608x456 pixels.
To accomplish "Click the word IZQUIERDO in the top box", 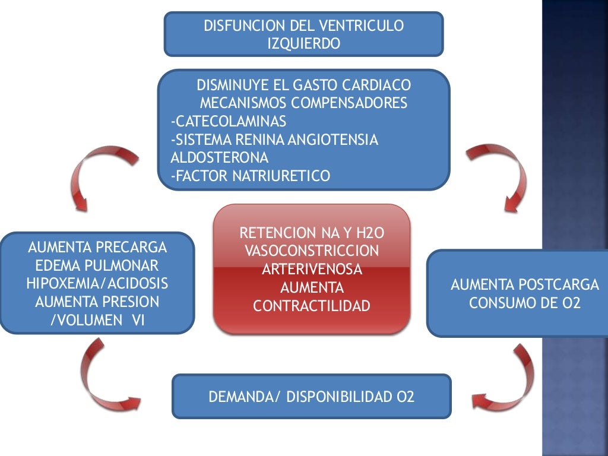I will pyautogui.click(x=303, y=43).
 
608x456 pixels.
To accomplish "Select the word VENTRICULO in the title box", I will pyautogui.click(x=361, y=26).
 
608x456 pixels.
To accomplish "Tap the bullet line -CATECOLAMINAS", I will pyautogui.click(x=228, y=122).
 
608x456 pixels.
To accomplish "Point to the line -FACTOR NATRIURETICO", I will pyautogui.click(x=249, y=176).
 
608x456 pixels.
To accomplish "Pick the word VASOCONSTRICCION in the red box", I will pyautogui.click(x=311, y=250).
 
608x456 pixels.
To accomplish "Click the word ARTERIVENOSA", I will pyautogui.click(x=311, y=269).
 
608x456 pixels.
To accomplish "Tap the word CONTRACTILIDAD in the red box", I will pyautogui.click(x=311, y=306).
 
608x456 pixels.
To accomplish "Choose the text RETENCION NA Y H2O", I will pyautogui.click(x=311, y=232).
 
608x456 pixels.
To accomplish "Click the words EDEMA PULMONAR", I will pyautogui.click(x=97, y=265).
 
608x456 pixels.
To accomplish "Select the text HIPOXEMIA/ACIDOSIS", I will pyautogui.click(x=97, y=283).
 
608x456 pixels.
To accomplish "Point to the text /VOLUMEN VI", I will pyautogui.click(x=97, y=321).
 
